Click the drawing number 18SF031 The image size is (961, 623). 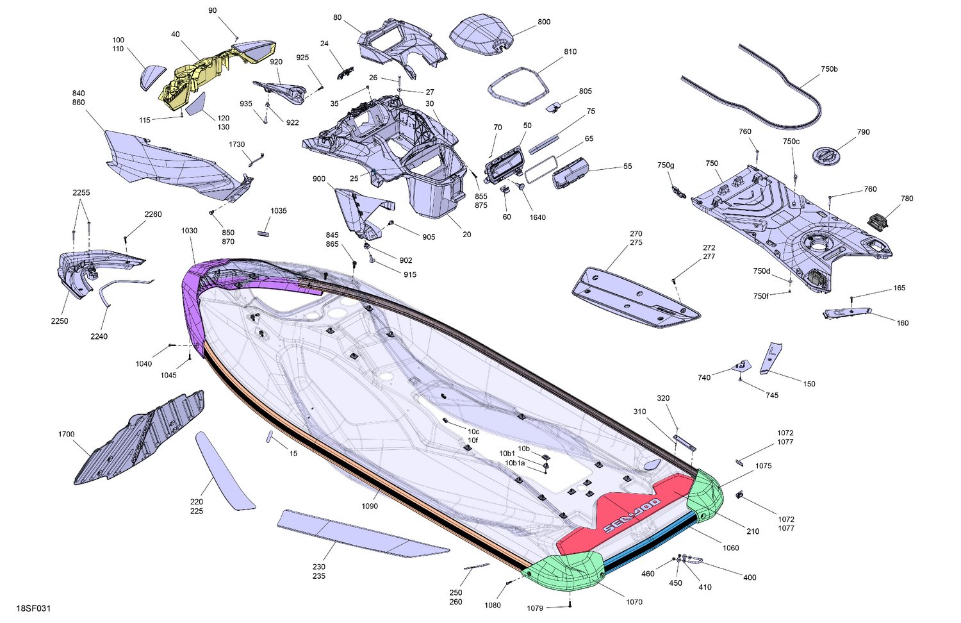click(33, 608)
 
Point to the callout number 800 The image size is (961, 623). click(543, 22)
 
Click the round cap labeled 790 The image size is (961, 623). click(825, 155)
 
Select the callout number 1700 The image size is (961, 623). click(67, 434)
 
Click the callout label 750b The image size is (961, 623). click(829, 69)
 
